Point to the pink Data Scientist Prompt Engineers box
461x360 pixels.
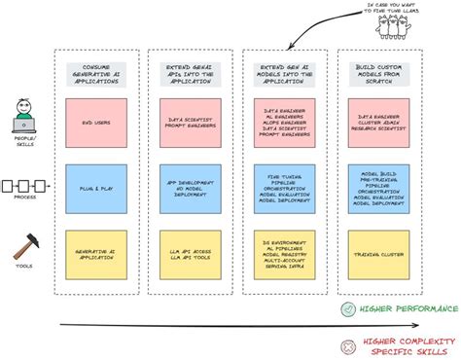click(190, 123)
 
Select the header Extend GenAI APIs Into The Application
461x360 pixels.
click(190, 74)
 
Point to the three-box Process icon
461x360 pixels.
click(25, 185)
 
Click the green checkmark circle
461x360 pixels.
click(348, 309)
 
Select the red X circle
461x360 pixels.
click(348, 344)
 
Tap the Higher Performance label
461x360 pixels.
click(408, 310)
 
